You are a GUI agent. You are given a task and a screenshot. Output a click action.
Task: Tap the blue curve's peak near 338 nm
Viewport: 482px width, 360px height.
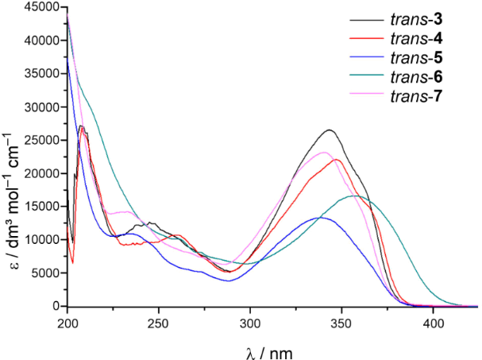tap(320, 217)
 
